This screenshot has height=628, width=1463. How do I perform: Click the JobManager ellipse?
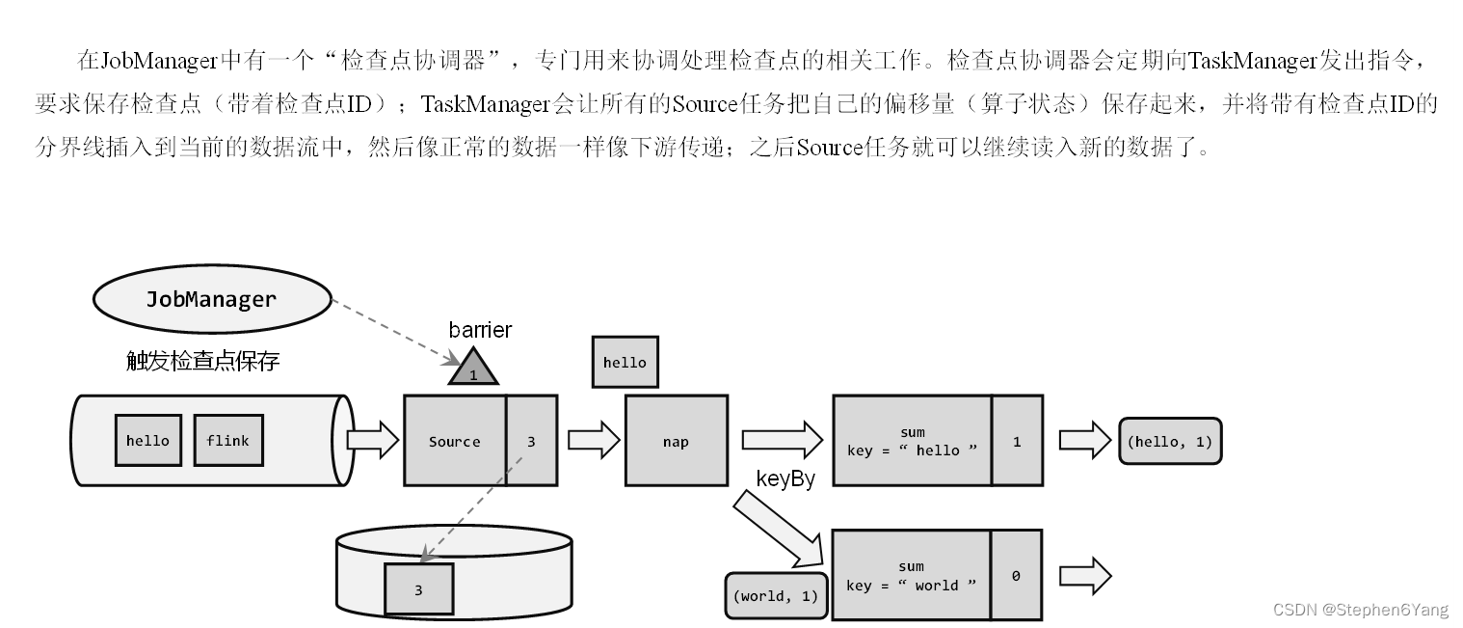tap(212, 299)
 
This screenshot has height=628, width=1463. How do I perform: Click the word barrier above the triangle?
tap(480, 330)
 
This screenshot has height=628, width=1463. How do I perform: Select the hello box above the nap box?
tap(625, 363)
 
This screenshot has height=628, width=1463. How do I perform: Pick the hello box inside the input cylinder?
tap(147, 441)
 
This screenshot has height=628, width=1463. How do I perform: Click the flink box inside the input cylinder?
tap(227, 441)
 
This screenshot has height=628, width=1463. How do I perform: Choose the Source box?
tap(455, 441)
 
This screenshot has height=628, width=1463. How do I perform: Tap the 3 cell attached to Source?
tap(531, 441)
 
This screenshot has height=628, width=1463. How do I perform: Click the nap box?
tap(676, 441)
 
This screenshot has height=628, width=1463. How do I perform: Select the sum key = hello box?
tap(911, 441)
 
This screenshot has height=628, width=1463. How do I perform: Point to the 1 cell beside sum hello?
tap(1017, 441)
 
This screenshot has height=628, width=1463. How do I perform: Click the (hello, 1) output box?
tap(1169, 441)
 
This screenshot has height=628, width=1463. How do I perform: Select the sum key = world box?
tap(911, 576)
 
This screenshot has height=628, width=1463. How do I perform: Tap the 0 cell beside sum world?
tap(1016, 576)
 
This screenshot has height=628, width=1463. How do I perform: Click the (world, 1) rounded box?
tap(775, 595)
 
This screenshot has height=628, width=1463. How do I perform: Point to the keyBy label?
tap(785, 478)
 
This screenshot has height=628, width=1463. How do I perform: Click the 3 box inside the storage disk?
tap(418, 589)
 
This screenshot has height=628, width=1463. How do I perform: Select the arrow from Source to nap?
tap(593, 440)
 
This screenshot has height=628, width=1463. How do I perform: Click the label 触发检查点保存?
tap(202, 362)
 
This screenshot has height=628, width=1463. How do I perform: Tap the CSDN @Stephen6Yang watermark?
tap(1360, 610)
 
